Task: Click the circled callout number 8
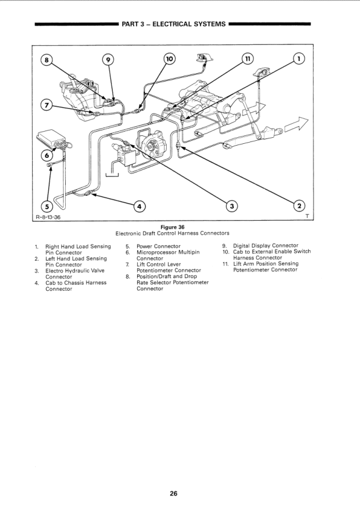(x=47, y=60)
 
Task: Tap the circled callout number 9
(x=108, y=60)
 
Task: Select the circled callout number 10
(x=169, y=59)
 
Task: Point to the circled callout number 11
(x=248, y=59)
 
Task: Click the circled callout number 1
(x=299, y=59)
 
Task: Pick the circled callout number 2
(x=299, y=206)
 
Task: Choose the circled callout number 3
(x=231, y=206)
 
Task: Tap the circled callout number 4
(x=140, y=207)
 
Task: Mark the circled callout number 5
(x=47, y=207)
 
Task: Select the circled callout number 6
(x=47, y=155)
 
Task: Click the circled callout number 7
(x=47, y=106)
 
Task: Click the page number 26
(x=173, y=494)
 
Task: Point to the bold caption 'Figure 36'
(x=173, y=227)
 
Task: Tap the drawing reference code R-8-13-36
(x=48, y=217)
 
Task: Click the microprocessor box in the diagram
(x=52, y=138)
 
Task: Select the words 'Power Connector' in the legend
(x=158, y=246)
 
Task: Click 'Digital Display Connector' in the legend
(x=266, y=245)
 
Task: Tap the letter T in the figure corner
(x=307, y=216)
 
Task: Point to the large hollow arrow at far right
(x=297, y=124)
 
